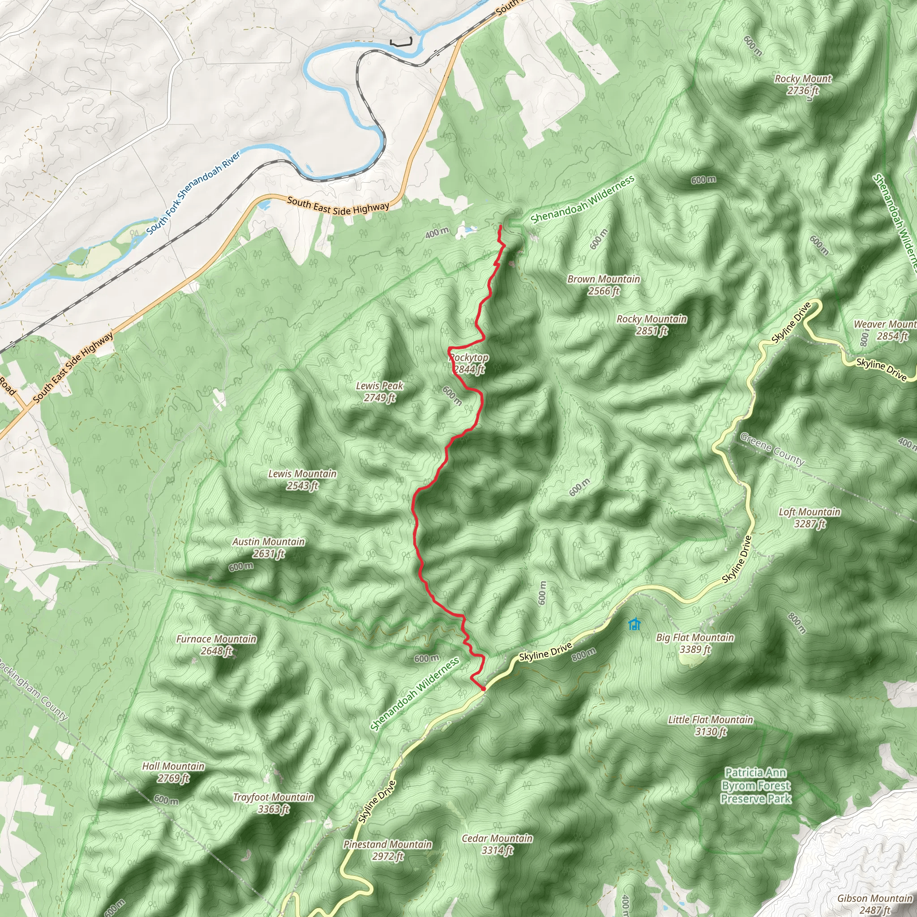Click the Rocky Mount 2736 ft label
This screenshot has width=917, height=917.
point(803,85)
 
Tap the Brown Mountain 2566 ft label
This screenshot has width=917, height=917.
point(604,285)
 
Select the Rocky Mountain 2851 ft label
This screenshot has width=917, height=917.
point(651,325)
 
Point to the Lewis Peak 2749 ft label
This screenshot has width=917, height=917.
point(380,392)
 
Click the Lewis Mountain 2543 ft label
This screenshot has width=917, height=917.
point(302,480)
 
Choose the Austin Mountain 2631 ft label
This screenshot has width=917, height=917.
point(269,547)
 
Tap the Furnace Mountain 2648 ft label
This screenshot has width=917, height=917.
point(216,645)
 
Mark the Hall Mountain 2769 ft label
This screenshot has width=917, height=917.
point(173,772)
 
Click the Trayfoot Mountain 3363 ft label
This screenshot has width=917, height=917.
point(274,803)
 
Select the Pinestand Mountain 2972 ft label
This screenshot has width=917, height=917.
point(388,849)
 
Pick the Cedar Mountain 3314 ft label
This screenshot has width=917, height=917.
point(497,844)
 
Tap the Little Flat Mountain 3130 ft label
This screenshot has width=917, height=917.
point(711,725)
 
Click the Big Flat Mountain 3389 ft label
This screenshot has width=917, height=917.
point(695,643)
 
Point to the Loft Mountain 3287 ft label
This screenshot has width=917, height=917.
point(810,517)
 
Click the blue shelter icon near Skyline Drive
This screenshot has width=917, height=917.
point(634,624)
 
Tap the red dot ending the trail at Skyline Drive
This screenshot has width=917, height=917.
point(483,688)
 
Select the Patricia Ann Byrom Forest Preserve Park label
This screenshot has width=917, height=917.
point(756,785)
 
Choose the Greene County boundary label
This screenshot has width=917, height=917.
point(772,449)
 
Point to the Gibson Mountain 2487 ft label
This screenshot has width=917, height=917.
point(874,903)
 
